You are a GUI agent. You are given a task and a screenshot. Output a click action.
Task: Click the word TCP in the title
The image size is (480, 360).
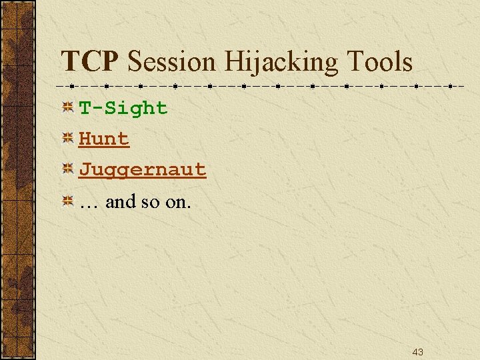[90, 62]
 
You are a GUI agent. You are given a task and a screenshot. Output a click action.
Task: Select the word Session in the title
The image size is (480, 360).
[172, 62]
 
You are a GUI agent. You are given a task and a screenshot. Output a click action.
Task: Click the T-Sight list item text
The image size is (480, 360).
[123, 108]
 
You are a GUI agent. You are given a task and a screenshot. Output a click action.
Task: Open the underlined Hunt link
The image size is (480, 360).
[104, 139]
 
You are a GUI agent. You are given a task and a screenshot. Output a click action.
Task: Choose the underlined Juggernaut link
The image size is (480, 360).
[143, 170]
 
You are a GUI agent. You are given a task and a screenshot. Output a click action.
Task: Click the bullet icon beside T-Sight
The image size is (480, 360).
[67, 107]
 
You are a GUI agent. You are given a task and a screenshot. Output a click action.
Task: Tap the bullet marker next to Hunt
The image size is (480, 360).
[67, 139]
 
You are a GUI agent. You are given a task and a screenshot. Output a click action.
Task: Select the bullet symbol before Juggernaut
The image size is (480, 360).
[67, 169]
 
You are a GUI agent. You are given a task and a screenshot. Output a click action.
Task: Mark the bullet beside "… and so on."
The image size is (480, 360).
[67, 201]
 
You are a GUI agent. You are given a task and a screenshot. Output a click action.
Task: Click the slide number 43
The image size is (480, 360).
[418, 351]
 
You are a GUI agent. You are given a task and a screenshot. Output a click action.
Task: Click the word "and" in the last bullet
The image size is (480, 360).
[121, 201]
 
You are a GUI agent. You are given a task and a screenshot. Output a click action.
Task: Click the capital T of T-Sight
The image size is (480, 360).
[85, 108]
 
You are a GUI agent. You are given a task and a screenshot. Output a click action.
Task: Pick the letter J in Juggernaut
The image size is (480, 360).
[85, 170]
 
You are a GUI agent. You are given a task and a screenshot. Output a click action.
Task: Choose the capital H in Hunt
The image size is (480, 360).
[85, 139]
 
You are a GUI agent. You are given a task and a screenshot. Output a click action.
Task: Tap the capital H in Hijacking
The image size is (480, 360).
[233, 62]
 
